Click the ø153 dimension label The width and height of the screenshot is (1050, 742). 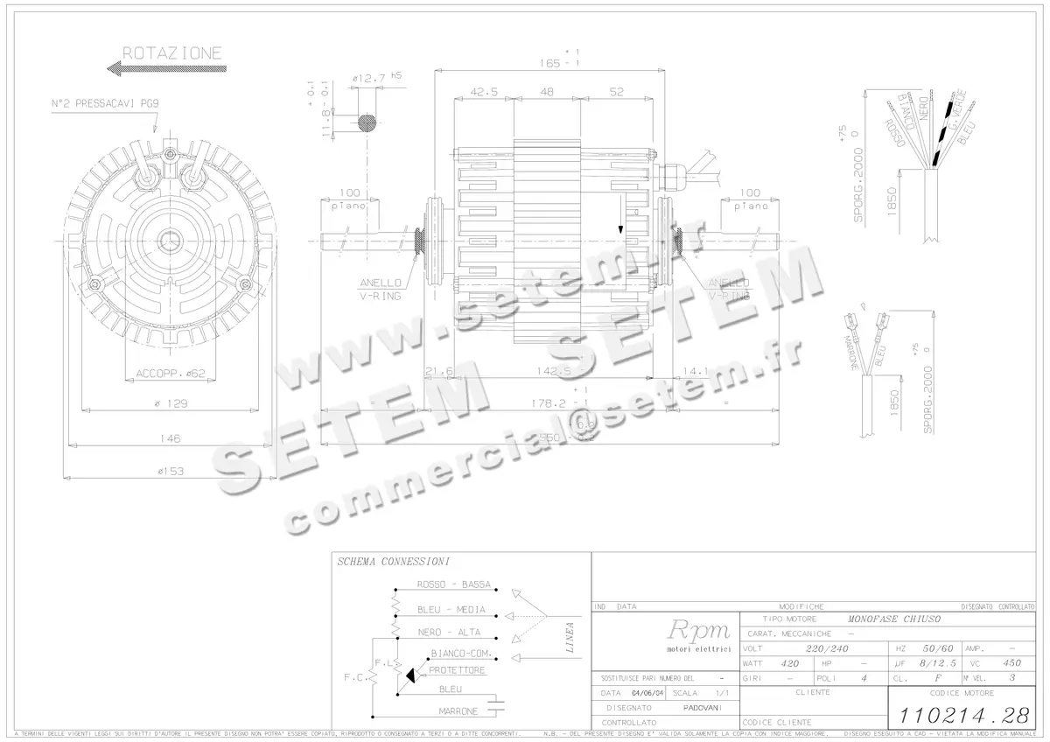(171, 471)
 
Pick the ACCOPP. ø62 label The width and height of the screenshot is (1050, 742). (171, 374)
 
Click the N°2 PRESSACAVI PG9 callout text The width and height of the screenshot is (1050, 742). (105, 103)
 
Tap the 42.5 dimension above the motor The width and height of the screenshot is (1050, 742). (484, 92)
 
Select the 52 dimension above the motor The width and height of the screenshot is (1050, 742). (616, 92)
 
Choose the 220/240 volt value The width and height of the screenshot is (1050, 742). (826, 648)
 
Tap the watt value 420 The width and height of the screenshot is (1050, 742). (790, 663)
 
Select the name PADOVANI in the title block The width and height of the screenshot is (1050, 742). (703, 707)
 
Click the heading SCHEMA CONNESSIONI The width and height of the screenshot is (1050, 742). (394, 562)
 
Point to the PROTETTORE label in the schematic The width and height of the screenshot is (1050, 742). (457, 670)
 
